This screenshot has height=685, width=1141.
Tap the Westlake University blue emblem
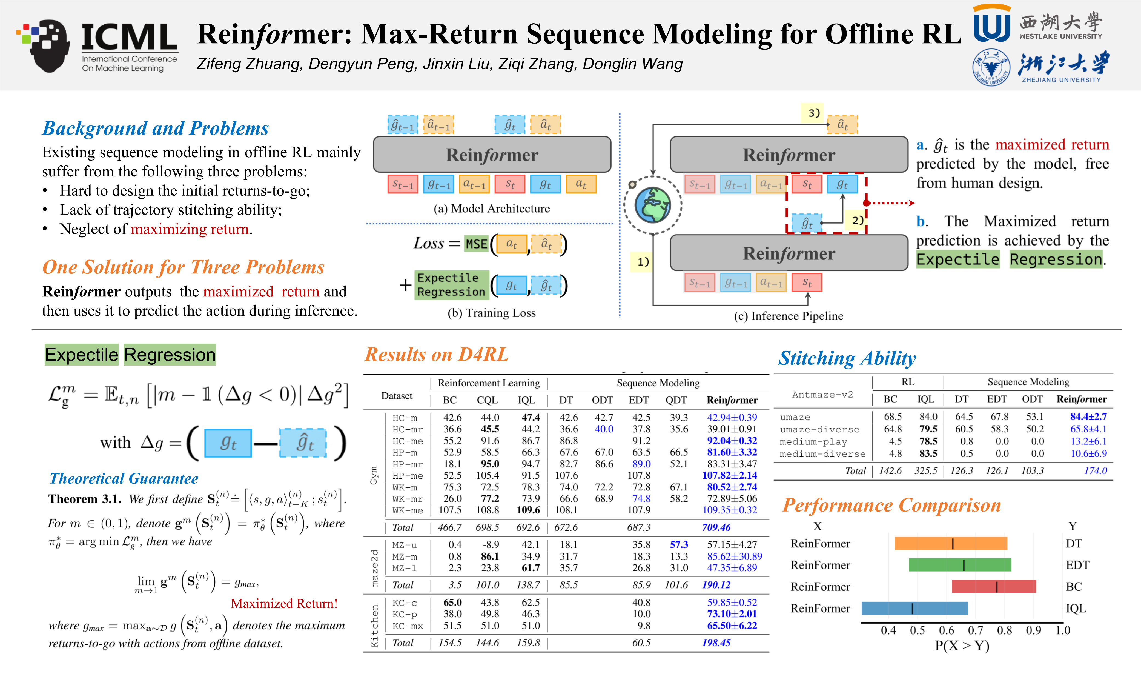991,24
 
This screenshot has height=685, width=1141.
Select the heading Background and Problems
156,128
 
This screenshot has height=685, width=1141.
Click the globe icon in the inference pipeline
652,205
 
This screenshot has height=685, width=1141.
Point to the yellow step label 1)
643,262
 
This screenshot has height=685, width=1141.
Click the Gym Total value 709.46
716,527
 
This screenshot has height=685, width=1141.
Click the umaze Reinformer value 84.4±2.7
1088,416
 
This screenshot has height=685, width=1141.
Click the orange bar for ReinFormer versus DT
950,543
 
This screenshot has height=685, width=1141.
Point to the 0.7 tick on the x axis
975,630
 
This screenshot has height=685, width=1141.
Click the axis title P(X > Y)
962,646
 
